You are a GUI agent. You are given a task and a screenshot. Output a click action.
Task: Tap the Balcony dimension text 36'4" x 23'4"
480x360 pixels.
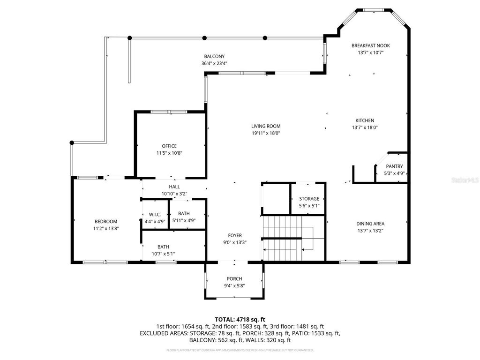pos(215,63)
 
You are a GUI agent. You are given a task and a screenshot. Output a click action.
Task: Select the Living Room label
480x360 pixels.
pos(266,126)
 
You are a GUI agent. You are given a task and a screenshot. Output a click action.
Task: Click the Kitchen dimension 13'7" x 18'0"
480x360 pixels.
pos(365,127)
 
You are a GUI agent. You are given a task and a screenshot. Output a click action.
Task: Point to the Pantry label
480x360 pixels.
pos(394,166)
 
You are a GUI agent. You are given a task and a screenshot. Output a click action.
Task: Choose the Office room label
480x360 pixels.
pos(169,146)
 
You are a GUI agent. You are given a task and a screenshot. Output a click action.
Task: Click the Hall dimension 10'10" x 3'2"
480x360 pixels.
pos(174,193)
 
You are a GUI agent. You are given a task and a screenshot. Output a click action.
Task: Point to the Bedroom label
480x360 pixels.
pos(106,221)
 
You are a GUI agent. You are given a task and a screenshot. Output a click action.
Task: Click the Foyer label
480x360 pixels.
pos(234,235)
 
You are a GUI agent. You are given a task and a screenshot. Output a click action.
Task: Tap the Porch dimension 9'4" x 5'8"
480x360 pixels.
pos(234,285)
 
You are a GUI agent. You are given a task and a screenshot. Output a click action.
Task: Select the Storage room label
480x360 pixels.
pos(309,199)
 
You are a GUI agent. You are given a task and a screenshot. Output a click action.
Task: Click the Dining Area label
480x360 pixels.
pos(370,224)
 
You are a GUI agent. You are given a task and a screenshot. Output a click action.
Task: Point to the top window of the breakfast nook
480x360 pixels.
pos(374,9)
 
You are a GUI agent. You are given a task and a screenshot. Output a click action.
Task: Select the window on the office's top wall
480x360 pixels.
pos(169,112)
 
